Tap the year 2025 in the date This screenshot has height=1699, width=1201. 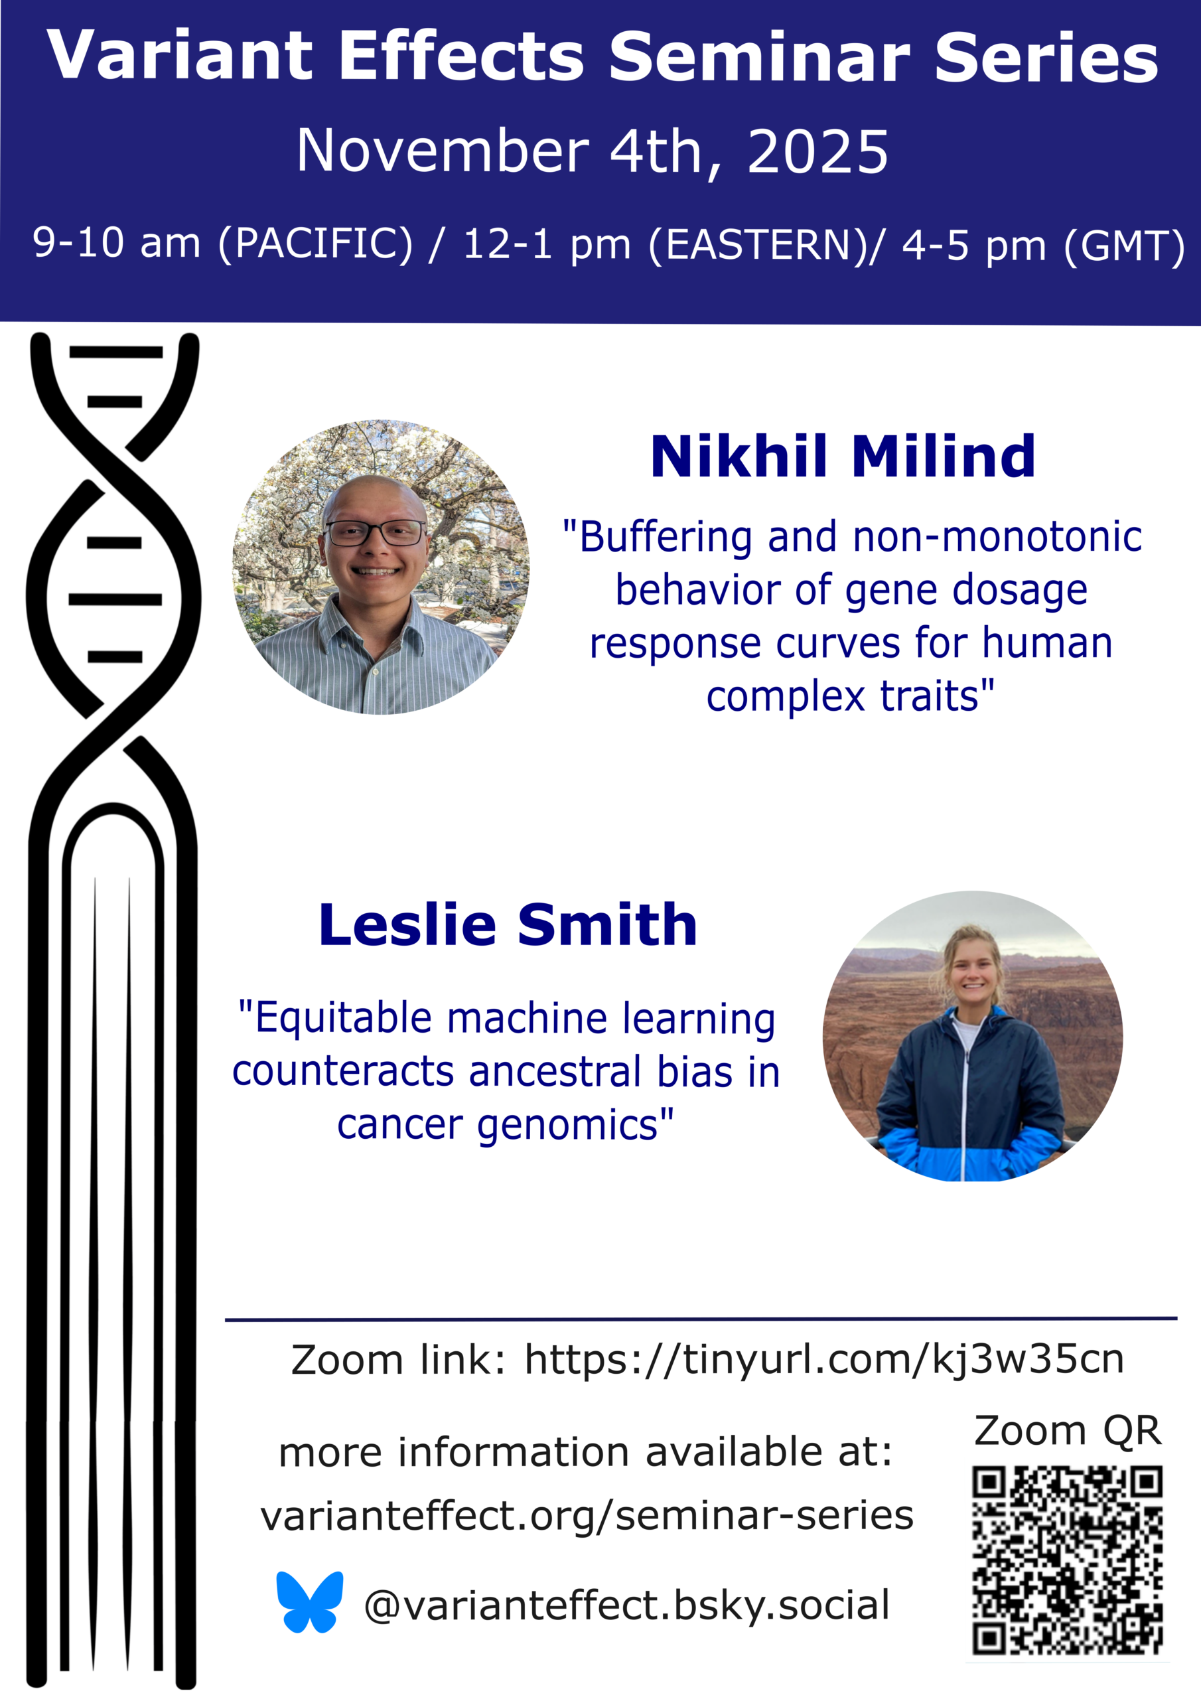pyautogui.click(x=817, y=152)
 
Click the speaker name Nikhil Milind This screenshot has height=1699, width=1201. pyautogui.click(x=843, y=456)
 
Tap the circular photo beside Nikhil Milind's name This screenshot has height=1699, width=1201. pyautogui.click(x=380, y=567)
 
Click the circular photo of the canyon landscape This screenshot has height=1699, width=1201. pyautogui.click(x=972, y=1036)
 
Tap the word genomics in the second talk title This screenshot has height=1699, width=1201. pyautogui.click(x=567, y=1126)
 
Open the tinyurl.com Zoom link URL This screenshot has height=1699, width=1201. pyautogui.click(x=824, y=1359)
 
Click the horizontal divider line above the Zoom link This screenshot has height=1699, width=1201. pyautogui.click(x=701, y=1318)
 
